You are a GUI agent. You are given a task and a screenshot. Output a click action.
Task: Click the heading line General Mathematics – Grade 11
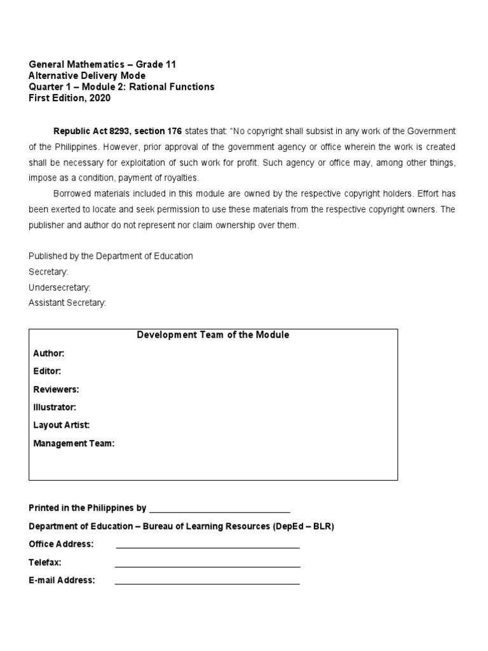pos(102,64)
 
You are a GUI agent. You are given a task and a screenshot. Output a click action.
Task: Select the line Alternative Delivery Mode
pos(87,76)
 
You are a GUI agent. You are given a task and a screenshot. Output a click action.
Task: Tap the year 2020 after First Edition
pos(99,99)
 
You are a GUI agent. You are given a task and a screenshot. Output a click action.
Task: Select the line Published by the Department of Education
pos(111,256)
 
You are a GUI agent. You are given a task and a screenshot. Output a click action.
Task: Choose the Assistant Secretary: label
pos(67,303)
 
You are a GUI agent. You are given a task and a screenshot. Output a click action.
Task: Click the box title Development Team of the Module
pos(213,335)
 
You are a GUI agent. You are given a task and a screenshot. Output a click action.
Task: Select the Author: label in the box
pos(49,353)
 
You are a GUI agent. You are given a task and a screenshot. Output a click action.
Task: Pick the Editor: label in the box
pos(47,371)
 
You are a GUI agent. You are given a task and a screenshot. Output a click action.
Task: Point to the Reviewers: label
pos(56,389)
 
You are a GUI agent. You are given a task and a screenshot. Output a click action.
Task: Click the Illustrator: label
pos(55,407)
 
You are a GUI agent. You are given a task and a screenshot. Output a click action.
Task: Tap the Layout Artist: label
pos(62,425)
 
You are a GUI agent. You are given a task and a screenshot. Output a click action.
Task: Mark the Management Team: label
pos(74,444)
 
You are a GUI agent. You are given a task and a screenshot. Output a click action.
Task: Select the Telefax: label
pos(45,563)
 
